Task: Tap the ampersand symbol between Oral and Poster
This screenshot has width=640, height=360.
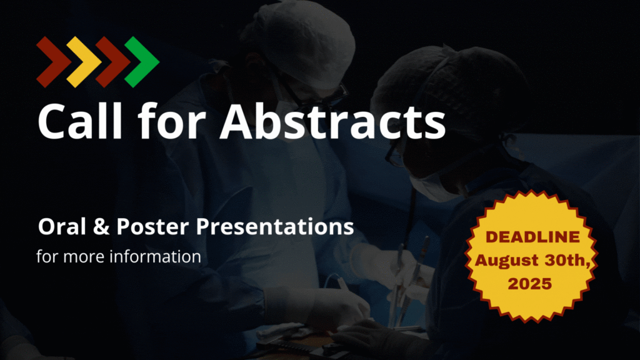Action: (x=101, y=226)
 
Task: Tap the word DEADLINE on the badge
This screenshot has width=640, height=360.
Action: (x=532, y=237)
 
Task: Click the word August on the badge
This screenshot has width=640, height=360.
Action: (x=506, y=261)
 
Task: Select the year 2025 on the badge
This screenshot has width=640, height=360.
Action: (x=530, y=284)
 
